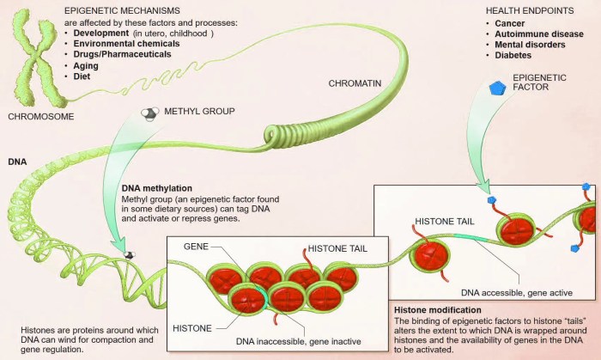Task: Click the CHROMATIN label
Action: tap(353, 83)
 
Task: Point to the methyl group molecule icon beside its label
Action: tap(149, 112)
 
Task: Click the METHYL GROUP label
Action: tap(198, 112)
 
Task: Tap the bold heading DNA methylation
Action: tap(157, 187)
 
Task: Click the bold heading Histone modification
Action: tap(439, 309)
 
